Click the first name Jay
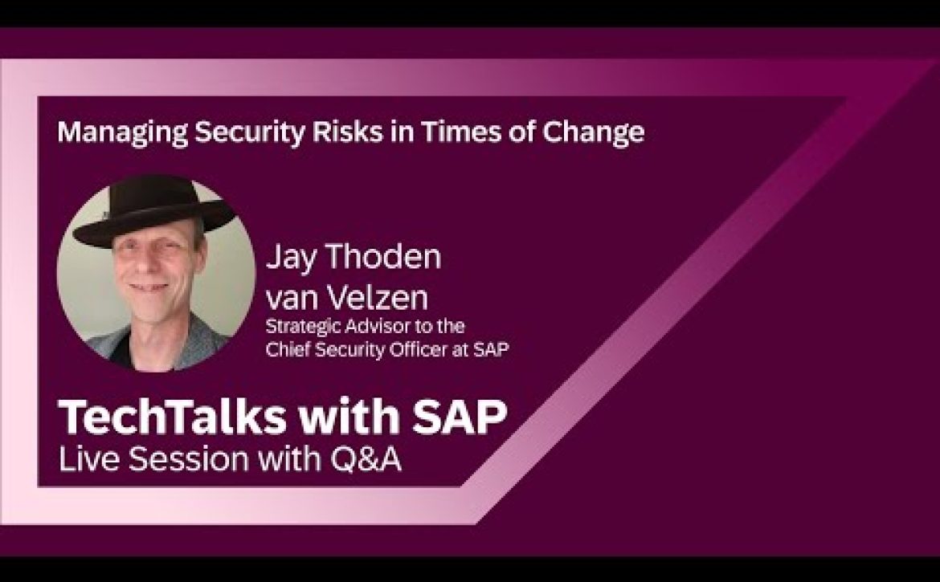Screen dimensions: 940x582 click(x=291, y=258)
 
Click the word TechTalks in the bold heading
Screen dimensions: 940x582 click(x=172, y=417)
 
